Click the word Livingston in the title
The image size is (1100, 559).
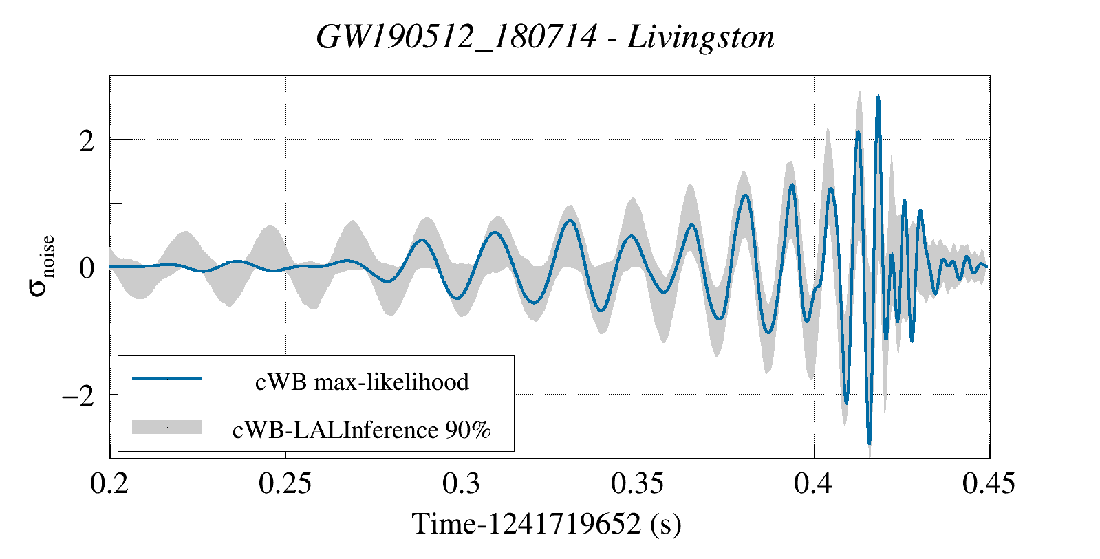701,37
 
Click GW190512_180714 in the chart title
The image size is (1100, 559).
456,37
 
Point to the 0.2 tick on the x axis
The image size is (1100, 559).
110,483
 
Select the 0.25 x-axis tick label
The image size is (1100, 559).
285,483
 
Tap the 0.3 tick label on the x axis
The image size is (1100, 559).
462,483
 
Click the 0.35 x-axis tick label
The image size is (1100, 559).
637,483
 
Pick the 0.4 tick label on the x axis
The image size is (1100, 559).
814,483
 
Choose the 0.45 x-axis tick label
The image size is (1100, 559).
989,483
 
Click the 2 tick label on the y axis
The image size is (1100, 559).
87,141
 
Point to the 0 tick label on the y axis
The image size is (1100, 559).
87,267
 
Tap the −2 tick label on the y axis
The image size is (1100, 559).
78,396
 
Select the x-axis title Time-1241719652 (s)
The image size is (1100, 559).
546,524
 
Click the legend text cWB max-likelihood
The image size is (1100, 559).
362,382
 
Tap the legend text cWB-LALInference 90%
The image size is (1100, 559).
362,430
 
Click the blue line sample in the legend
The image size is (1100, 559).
167,379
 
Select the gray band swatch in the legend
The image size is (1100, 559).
167,427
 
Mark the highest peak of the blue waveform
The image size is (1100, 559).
878,98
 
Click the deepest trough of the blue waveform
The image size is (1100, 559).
870,442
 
